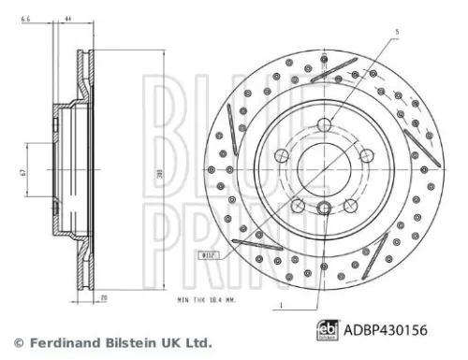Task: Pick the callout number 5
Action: tap(397, 33)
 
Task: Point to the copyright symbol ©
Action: tap(15, 341)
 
